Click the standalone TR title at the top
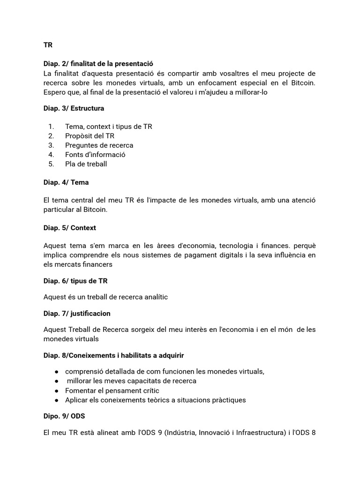click(48, 45)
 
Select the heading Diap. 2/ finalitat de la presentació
click(98, 63)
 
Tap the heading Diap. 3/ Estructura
click(74, 108)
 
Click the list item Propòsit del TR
click(90, 136)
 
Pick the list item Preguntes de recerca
click(99, 145)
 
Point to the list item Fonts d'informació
click(95, 155)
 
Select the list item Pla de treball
click(86, 164)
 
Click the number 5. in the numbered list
click(51, 164)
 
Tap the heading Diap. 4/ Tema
click(66, 182)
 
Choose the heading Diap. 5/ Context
click(69, 228)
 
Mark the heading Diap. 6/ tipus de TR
click(75, 281)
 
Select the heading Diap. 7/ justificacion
click(77, 313)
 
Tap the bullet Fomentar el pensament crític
click(112, 390)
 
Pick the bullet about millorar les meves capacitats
click(131, 381)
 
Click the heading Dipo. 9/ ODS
click(64, 416)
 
